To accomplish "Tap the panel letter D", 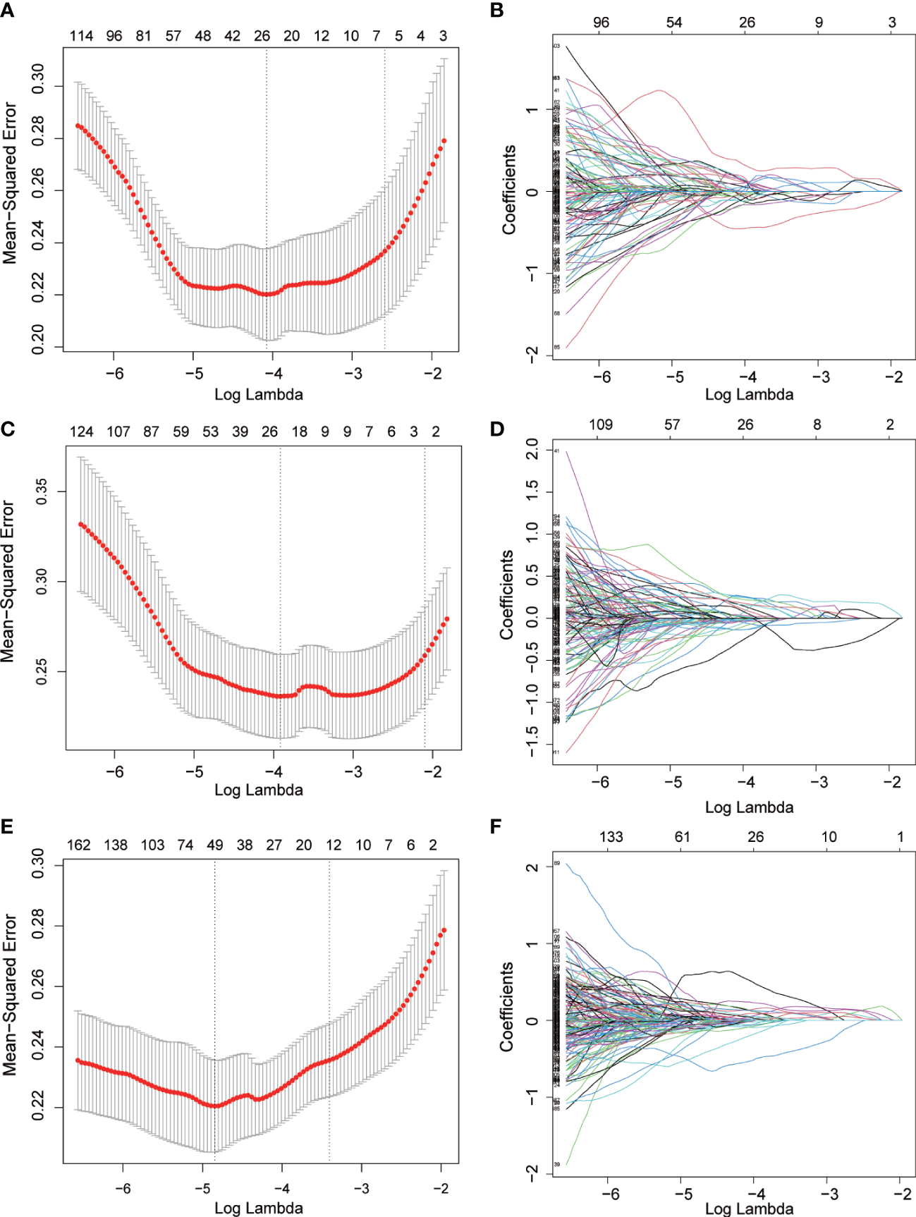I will pyautogui.click(x=497, y=428).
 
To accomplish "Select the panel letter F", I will pyautogui.click(x=496, y=826).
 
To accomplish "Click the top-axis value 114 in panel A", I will pyautogui.click(x=81, y=36).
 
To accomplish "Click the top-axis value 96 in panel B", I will pyautogui.click(x=601, y=23).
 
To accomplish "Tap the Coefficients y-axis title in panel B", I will pyautogui.click(x=509, y=190).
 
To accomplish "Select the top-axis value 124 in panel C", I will pyautogui.click(x=81, y=432).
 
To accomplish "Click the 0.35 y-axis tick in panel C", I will pyautogui.click(x=42, y=491).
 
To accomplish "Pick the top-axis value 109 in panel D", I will pyautogui.click(x=601, y=424).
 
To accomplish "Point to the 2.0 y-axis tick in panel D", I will pyautogui.click(x=532, y=448).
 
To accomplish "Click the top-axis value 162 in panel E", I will pyautogui.click(x=78, y=845).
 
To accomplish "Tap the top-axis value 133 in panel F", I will pyautogui.click(x=611, y=837).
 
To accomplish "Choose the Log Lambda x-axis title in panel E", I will pyautogui.click(x=259, y=1208).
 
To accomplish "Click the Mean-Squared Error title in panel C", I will pyautogui.click(x=8, y=582).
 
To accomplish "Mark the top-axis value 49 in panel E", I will pyautogui.click(x=214, y=845).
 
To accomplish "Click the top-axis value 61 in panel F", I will pyautogui.click(x=682, y=837).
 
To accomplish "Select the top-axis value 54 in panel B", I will pyautogui.click(x=674, y=23).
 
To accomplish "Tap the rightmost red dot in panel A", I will pyautogui.click(x=444, y=141).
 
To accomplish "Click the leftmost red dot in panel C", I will pyautogui.click(x=80, y=525).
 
